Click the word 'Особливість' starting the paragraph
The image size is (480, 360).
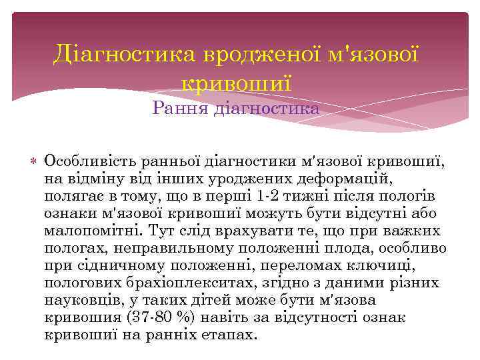pos(86,161)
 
